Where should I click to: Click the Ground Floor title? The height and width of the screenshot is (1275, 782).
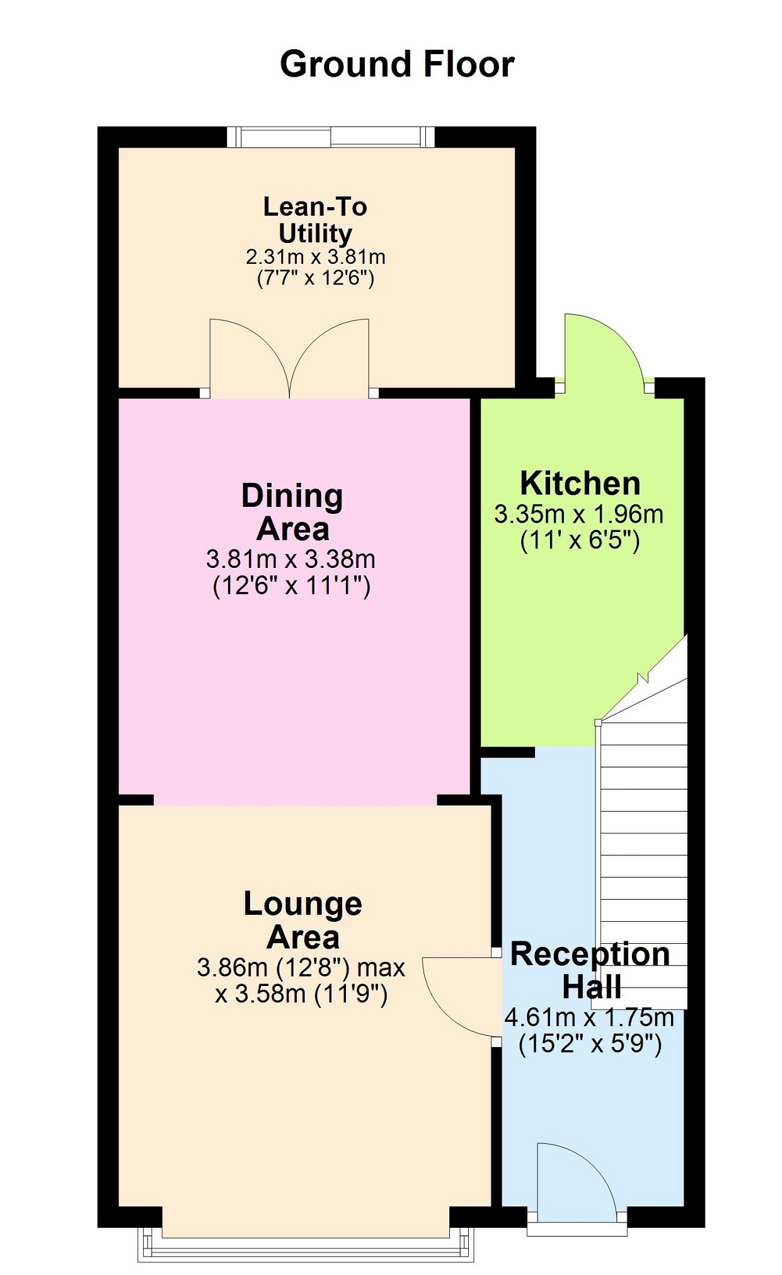click(x=397, y=64)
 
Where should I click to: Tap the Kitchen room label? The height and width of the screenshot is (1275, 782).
click(x=580, y=484)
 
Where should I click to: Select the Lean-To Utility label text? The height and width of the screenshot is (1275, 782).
click(x=315, y=220)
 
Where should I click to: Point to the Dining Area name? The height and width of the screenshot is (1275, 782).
click(x=292, y=512)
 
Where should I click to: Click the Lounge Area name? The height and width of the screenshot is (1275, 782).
click(x=303, y=921)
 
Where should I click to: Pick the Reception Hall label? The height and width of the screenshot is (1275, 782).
click(x=590, y=970)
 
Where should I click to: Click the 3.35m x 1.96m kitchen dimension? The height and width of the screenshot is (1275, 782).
click(x=579, y=514)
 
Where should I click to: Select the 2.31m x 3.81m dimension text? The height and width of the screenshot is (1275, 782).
click(x=316, y=257)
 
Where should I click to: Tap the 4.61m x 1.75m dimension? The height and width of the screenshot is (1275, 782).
click(x=589, y=1017)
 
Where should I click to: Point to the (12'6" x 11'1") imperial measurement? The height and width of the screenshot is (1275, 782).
click(x=292, y=586)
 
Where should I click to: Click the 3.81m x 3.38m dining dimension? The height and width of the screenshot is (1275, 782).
click(x=291, y=559)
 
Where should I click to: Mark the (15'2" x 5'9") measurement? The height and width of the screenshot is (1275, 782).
click(x=590, y=1045)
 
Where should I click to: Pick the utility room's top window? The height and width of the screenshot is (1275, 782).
click(x=331, y=137)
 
